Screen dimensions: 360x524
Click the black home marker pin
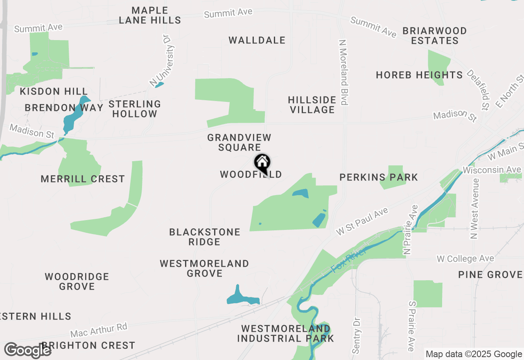(262, 163)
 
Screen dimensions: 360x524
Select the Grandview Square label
(239, 142)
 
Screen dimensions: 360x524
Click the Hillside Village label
(312, 105)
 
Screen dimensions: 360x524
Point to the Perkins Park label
(379, 177)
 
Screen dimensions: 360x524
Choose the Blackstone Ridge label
(205, 237)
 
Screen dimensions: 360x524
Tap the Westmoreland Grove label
(204, 268)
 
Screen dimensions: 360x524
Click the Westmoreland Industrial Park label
(286, 333)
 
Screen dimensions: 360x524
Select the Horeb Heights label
(419, 75)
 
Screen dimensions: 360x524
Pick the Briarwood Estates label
(435, 36)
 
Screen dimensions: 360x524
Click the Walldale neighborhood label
(257, 40)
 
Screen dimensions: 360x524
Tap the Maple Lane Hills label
(150, 15)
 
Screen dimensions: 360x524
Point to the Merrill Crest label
(83, 179)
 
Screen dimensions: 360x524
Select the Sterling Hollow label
(135, 109)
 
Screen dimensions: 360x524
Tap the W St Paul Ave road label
(362, 221)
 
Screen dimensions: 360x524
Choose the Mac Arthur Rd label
(99, 330)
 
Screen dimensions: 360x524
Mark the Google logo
(28, 350)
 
